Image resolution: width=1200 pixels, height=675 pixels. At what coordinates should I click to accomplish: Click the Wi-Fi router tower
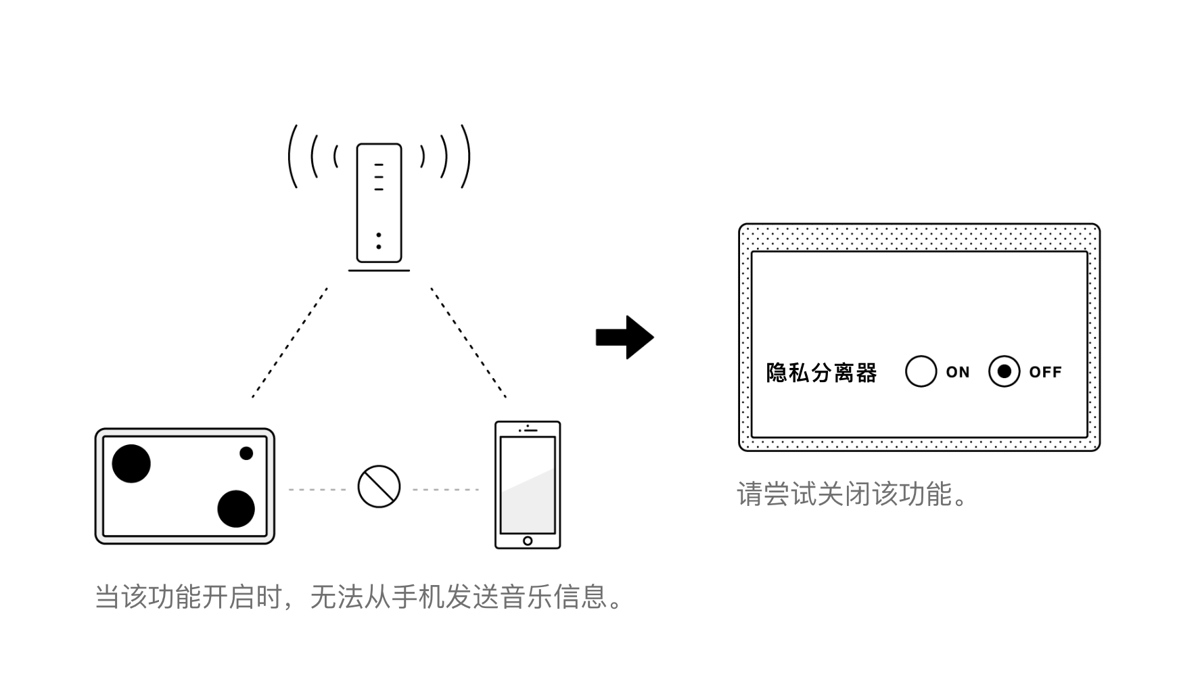pos(379,203)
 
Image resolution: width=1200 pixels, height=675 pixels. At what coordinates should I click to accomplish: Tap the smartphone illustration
pos(528,484)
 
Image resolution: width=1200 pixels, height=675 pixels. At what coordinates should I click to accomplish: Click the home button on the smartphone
pos(528,540)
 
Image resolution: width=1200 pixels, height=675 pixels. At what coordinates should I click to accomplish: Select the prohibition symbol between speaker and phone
pos(379,486)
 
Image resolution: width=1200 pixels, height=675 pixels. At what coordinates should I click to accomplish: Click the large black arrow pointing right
pos(624,337)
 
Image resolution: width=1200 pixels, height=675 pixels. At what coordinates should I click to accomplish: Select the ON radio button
pos(921,371)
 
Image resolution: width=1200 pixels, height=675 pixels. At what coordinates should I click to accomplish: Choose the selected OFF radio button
pos(1004,371)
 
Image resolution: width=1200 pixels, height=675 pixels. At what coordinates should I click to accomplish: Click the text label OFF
pos(1045,372)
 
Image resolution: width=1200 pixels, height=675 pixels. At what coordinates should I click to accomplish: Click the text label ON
pos(958,372)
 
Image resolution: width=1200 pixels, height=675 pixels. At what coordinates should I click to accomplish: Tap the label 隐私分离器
pos(821,373)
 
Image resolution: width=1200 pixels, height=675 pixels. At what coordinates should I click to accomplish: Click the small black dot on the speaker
pos(246,453)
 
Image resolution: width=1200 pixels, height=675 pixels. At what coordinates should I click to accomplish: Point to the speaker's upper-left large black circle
pos(131,464)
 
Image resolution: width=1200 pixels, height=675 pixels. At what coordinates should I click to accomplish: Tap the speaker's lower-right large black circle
pos(236,509)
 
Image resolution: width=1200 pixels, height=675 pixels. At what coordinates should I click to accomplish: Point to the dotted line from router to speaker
pos(290,342)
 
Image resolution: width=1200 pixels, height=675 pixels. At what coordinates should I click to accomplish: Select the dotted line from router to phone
pos(468,342)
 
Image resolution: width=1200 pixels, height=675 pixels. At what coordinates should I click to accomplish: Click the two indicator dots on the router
pos(379,241)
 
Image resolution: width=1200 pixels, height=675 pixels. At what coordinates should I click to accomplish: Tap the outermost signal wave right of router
pos(465,156)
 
